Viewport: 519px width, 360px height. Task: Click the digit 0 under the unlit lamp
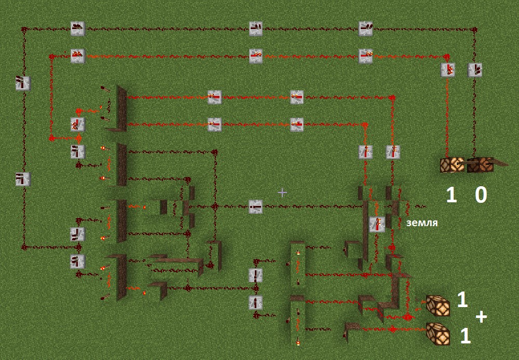(481, 195)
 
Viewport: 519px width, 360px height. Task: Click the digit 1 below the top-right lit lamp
(452, 195)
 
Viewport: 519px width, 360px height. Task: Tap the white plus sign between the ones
(481, 316)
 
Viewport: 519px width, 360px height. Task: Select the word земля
(422, 223)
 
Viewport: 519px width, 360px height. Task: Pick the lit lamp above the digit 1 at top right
(451, 165)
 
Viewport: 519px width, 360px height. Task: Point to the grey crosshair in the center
(282, 192)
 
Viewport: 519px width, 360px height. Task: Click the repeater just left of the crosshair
(255, 206)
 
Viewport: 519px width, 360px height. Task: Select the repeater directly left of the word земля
(377, 224)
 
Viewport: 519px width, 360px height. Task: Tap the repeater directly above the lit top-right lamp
(448, 70)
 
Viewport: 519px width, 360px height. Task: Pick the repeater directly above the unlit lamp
(474, 70)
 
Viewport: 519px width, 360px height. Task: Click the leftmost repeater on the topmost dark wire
(77, 29)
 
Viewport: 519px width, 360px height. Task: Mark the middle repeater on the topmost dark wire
(255, 29)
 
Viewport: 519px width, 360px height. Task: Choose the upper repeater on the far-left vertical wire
(23, 83)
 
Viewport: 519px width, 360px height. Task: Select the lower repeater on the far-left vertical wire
(23, 179)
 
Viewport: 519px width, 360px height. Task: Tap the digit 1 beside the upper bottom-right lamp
(462, 299)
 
